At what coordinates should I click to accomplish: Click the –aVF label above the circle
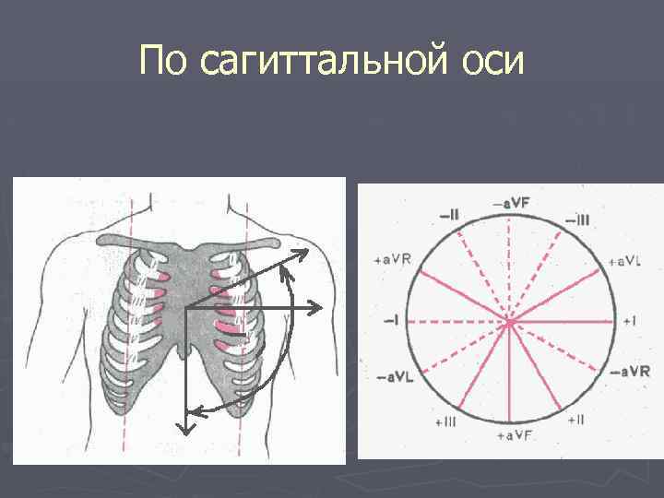[510, 201]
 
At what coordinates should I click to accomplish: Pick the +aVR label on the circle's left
[393, 259]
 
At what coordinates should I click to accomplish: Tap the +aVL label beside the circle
[624, 261]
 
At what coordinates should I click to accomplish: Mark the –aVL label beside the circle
[395, 378]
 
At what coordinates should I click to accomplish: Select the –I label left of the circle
[391, 320]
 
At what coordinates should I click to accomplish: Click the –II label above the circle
[450, 215]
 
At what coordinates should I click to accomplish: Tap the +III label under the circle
[445, 421]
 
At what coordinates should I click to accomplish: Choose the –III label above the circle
[576, 219]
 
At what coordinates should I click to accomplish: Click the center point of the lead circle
[508, 322]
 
